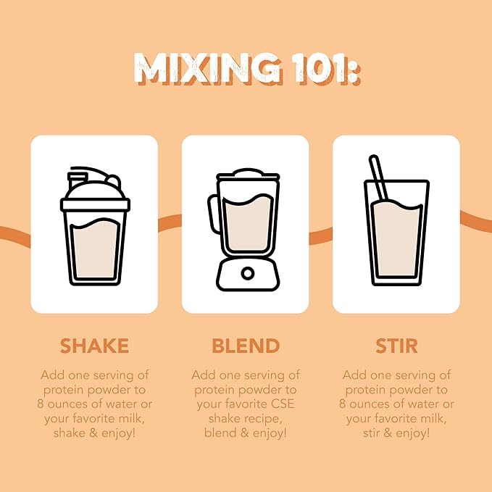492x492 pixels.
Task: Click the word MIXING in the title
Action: [x=207, y=68]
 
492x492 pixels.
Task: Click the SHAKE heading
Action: [x=94, y=346]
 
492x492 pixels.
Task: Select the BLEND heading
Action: [x=246, y=346]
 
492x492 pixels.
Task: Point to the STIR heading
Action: [x=396, y=346]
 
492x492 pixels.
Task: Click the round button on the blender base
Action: [x=248, y=274]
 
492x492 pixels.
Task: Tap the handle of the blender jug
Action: [x=213, y=213]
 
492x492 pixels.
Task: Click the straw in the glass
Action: [x=379, y=178]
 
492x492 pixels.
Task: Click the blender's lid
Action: [x=248, y=174]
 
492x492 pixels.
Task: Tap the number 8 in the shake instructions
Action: [x=41, y=404]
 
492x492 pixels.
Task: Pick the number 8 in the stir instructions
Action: [x=342, y=404]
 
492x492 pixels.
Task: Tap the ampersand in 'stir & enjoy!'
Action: [x=388, y=433]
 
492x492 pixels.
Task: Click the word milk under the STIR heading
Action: [x=433, y=419]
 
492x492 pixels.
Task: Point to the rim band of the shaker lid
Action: [x=95, y=204]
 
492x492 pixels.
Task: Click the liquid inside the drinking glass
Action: [x=397, y=239]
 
